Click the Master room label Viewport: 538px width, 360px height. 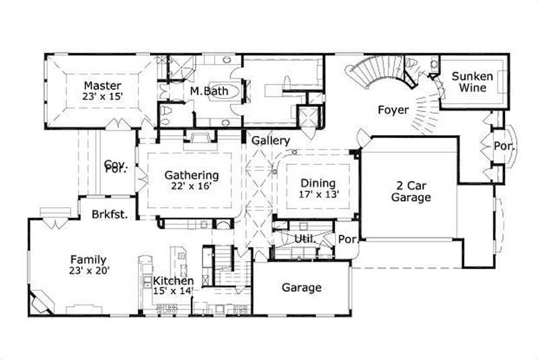[x=102, y=85]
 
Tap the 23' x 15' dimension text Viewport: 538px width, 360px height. [x=102, y=97]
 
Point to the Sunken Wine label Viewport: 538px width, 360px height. [x=472, y=82]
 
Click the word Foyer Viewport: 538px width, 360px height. [x=393, y=109]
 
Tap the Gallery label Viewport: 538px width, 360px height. [x=271, y=141]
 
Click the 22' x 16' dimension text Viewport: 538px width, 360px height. [x=192, y=186]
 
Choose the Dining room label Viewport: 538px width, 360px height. [x=318, y=182]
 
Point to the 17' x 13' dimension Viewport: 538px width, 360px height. [x=318, y=194]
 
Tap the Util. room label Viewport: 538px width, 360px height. [x=306, y=239]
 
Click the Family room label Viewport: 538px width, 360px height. [x=89, y=260]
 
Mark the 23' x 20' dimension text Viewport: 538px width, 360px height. [x=89, y=271]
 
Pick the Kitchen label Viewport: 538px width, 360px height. [x=173, y=281]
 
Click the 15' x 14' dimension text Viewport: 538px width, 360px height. [x=173, y=291]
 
